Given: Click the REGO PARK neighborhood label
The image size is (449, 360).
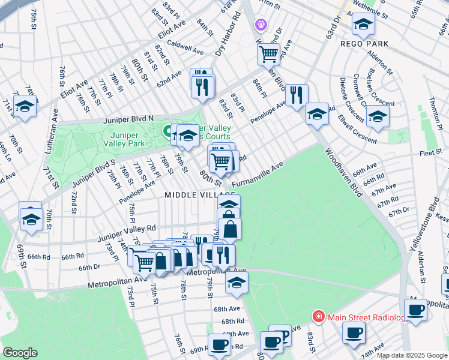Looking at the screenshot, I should coord(364,44).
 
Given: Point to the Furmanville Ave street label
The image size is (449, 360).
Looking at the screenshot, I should coord(257,175).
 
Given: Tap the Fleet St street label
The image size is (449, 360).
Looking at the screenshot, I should coord(431,153).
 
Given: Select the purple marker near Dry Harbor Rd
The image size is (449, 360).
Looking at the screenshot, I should coord(260,25).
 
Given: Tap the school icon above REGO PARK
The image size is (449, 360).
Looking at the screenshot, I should coord(363,24).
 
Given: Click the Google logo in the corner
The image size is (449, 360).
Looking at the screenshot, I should coord(20,352).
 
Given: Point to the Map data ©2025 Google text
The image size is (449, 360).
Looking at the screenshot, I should coord(412,355).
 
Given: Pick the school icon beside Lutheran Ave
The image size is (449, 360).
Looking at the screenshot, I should coord(25,106).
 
